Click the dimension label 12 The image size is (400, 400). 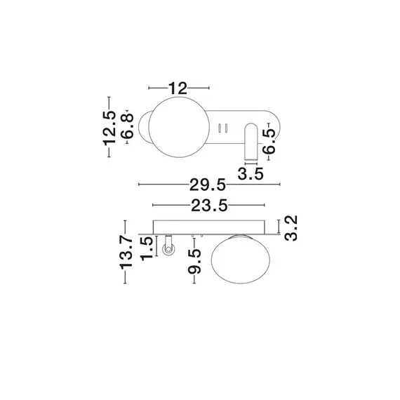(x=179, y=88)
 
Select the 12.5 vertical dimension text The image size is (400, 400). (x=109, y=127)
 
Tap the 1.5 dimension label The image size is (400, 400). (x=147, y=248)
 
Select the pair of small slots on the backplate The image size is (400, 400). (x=225, y=128)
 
